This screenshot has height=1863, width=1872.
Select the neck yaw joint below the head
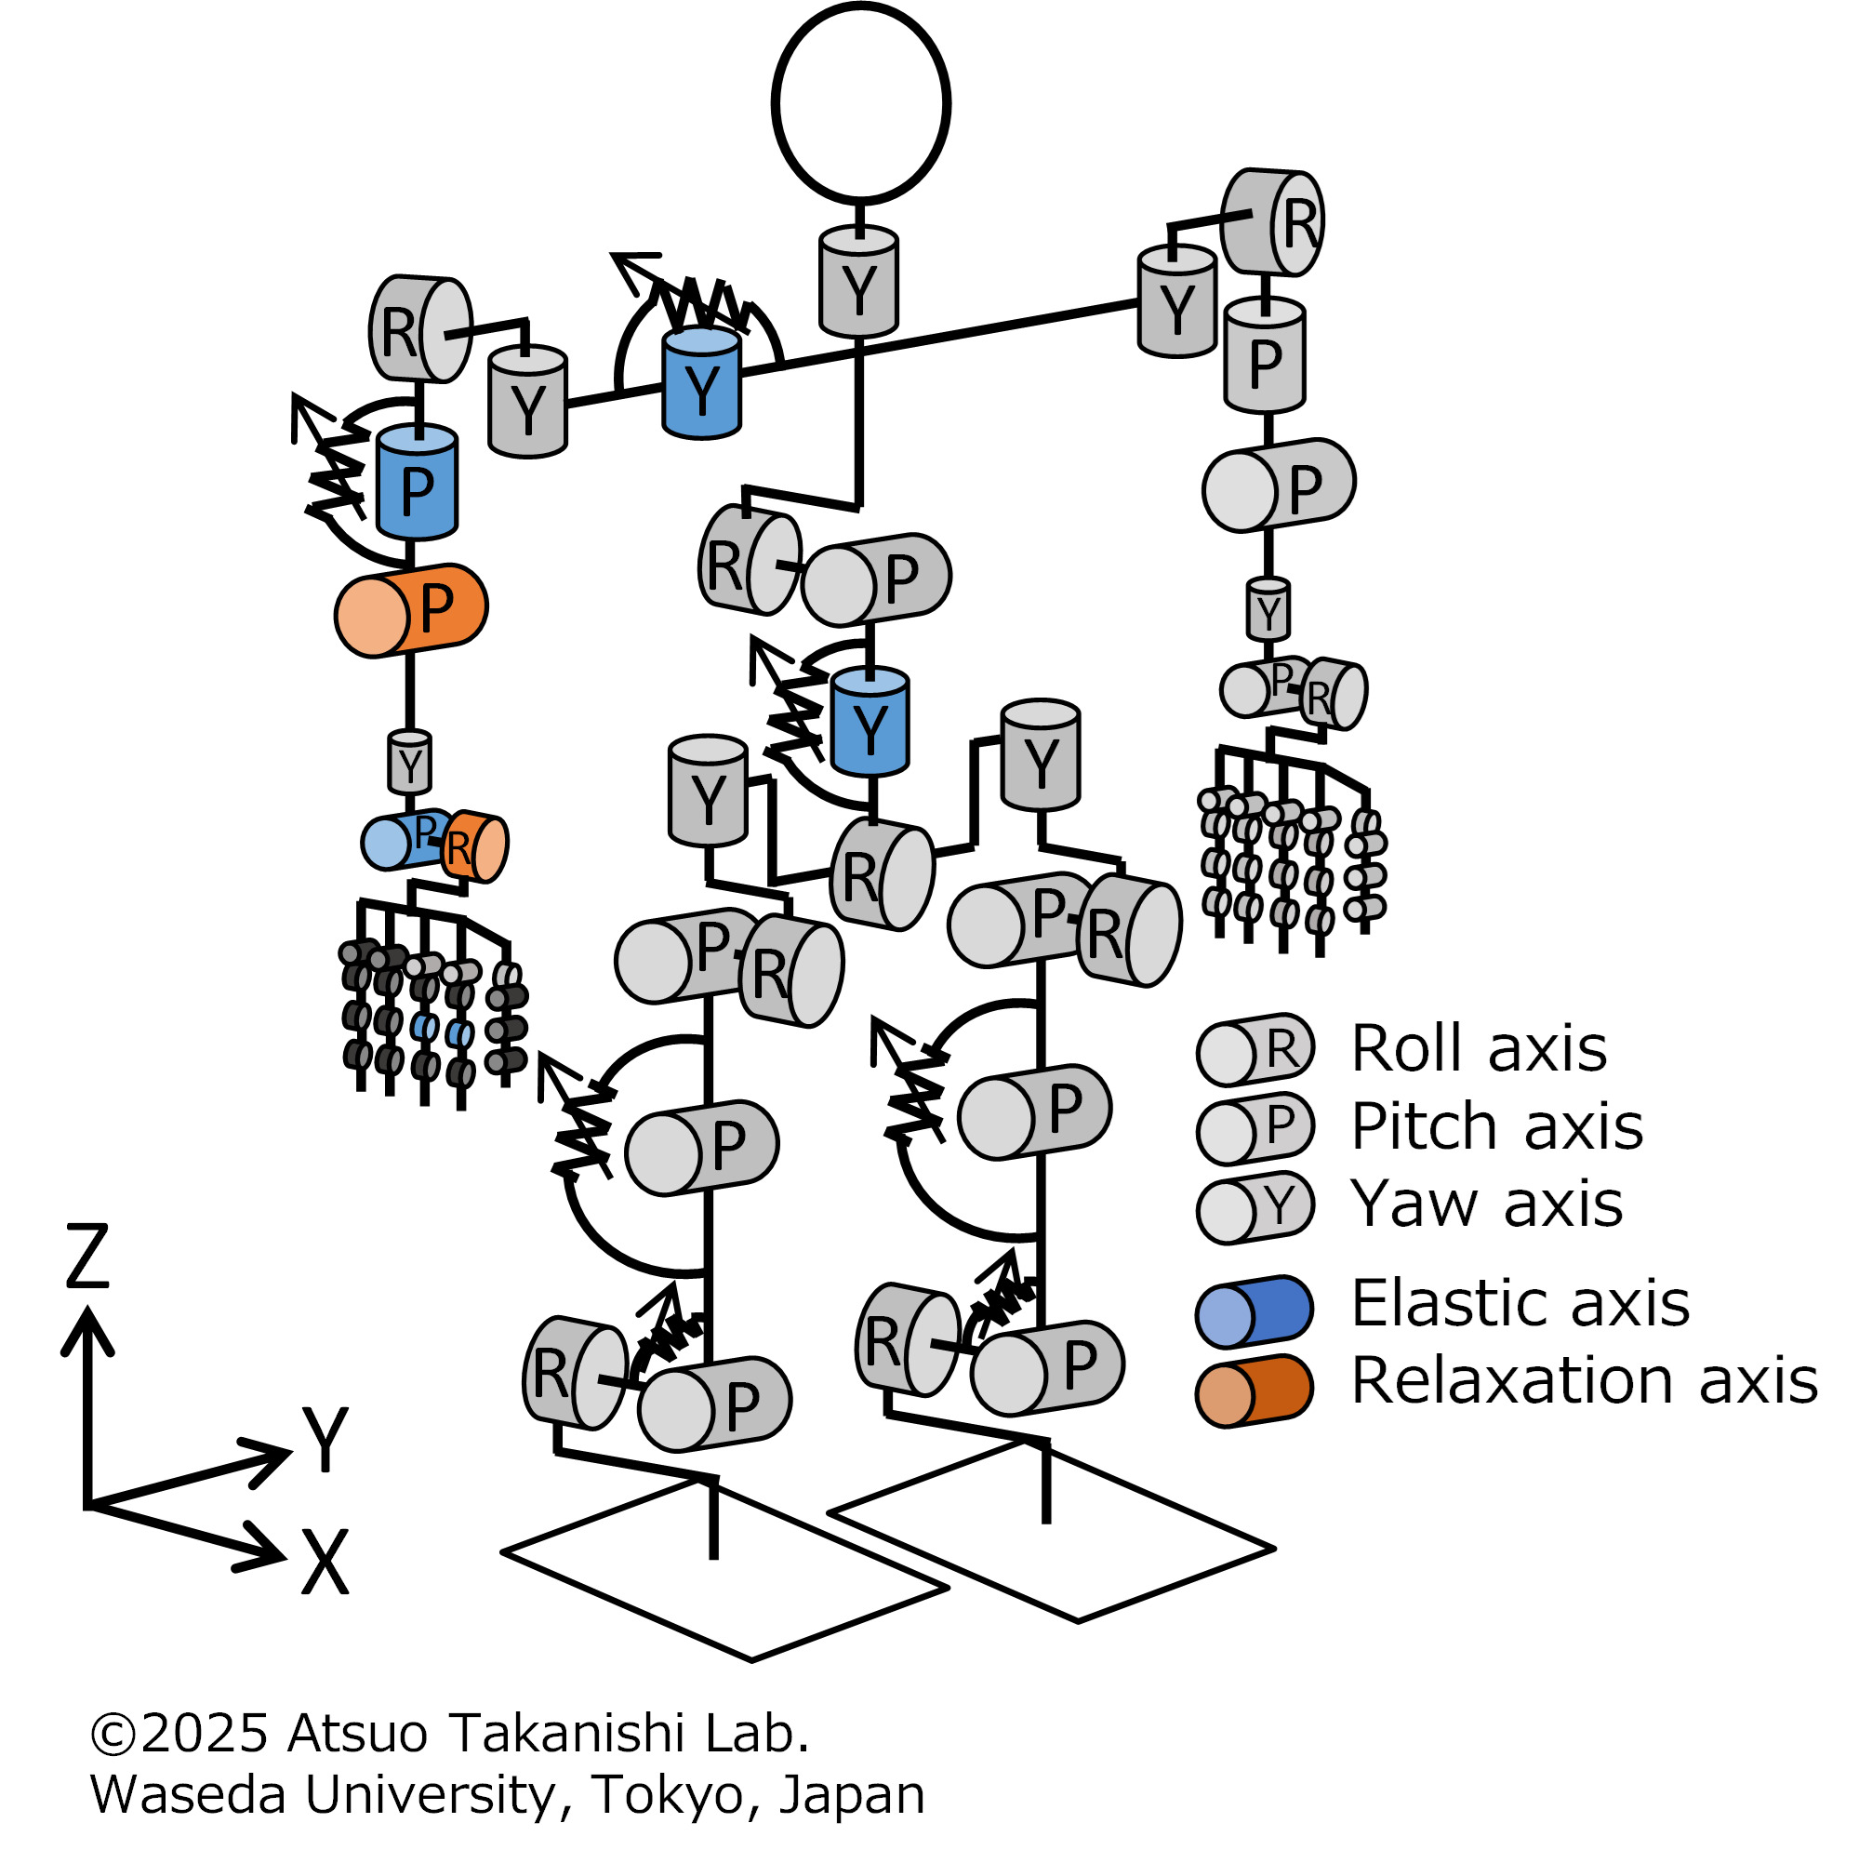858,283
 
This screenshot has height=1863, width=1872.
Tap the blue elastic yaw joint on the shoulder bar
701,385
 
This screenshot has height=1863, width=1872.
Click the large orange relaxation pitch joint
411,611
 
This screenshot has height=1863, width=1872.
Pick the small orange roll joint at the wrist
474,846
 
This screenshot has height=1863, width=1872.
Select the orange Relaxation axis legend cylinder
1254,1391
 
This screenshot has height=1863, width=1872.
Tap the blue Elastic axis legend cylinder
1254,1312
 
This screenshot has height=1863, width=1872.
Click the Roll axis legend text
1479,1050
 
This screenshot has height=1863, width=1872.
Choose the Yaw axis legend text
1486,1204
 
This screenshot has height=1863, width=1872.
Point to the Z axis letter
87,1257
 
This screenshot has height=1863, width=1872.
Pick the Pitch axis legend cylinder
1254,1128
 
